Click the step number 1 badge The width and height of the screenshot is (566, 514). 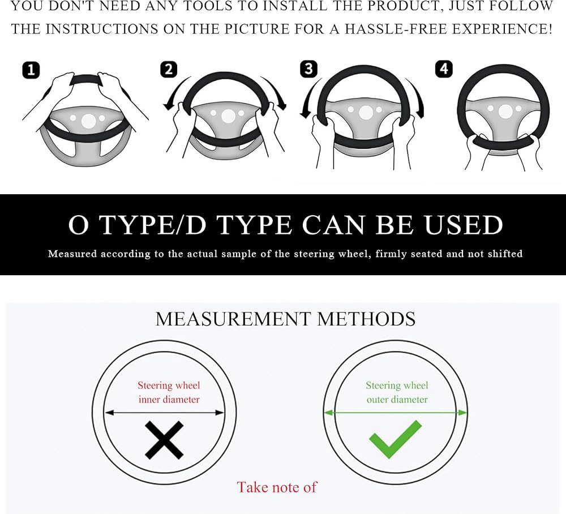click(31, 70)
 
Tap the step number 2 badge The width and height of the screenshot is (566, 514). click(169, 69)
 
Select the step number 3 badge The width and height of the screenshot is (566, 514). click(308, 68)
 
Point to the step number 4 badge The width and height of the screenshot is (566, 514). click(444, 69)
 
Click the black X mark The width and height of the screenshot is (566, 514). click(164, 440)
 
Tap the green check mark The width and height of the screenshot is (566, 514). click(395, 439)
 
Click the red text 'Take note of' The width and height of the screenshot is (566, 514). click(277, 487)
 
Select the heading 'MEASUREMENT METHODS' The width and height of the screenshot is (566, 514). click(285, 319)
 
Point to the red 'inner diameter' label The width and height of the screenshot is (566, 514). click(169, 400)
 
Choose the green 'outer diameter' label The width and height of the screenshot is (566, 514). click(397, 400)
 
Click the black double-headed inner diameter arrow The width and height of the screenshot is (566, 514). click(164, 413)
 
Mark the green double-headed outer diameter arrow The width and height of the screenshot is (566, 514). click(395, 413)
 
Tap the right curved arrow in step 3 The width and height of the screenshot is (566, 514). click(415, 98)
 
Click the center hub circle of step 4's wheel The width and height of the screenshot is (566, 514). click(505, 112)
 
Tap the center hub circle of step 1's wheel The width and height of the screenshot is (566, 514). click(88, 121)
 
